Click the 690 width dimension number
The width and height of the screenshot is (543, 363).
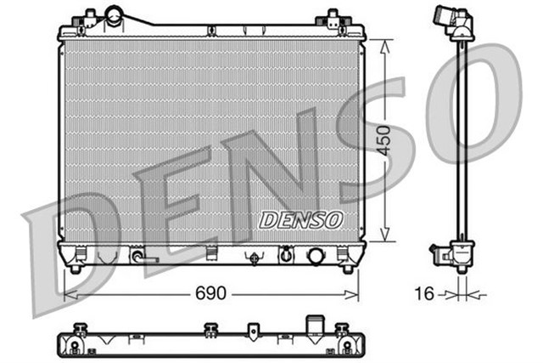click(212, 293)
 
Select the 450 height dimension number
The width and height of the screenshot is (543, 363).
click(387, 139)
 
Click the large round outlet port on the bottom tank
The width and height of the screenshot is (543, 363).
click(317, 255)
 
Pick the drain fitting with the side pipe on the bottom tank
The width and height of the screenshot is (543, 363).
click(137, 255)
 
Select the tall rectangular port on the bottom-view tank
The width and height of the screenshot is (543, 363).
click(317, 327)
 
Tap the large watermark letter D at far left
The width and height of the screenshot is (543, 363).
click(64, 247)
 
